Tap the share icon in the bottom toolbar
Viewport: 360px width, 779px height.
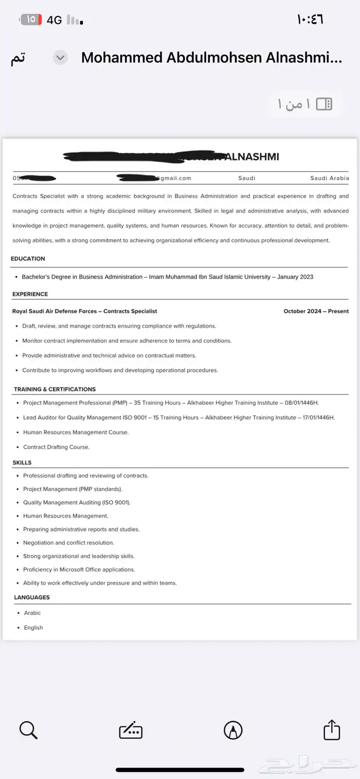tap(332, 730)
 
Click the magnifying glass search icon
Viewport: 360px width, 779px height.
tap(28, 730)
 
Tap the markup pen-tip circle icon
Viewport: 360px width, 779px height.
tap(233, 730)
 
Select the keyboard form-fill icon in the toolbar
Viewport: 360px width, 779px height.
tap(131, 730)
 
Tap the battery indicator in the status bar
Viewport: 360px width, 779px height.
tap(30, 20)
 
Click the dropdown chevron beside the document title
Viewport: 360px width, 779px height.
tap(60, 58)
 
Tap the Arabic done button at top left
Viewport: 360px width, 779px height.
tap(18, 59)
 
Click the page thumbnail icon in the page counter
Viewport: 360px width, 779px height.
tap(324, 104)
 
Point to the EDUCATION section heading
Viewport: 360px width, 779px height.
tap(28, 259)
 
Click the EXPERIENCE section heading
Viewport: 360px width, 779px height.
tap(30, 294)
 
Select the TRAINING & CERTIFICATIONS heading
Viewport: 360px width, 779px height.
tap(55, 389)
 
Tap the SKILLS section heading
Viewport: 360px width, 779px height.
tap(22, 463)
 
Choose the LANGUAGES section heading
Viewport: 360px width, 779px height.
tap(32, 597)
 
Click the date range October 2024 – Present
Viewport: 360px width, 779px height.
tap(316, 311)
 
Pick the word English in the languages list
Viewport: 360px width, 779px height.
tap(33, 628)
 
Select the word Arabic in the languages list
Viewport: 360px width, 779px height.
tap(32, 613)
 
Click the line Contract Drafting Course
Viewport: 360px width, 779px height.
tap(56, 447)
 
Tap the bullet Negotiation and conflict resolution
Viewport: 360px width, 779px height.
tap(68, 543)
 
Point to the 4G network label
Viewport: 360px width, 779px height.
tap(54, 20)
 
